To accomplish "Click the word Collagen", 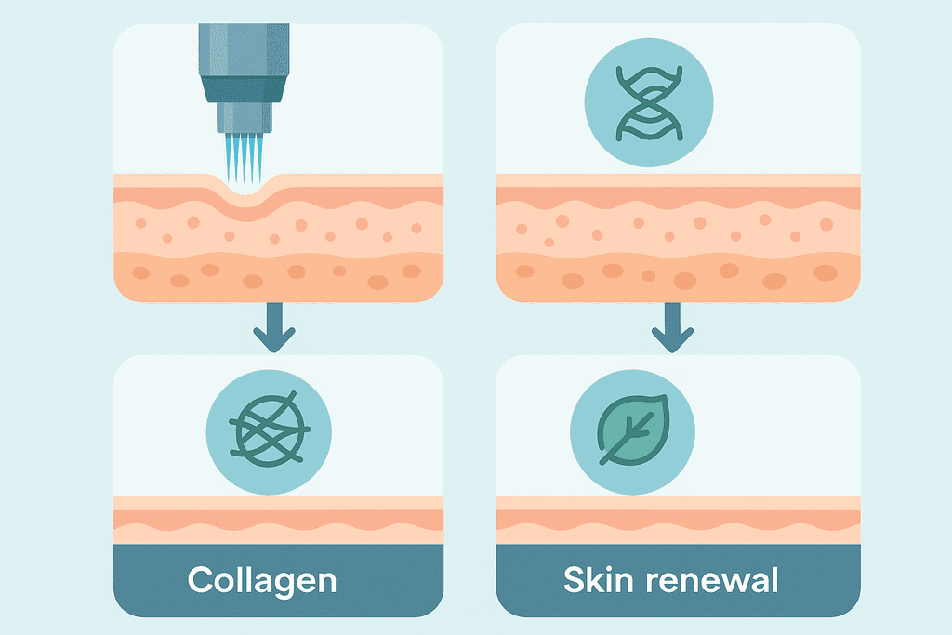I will [x=261, y=580].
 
